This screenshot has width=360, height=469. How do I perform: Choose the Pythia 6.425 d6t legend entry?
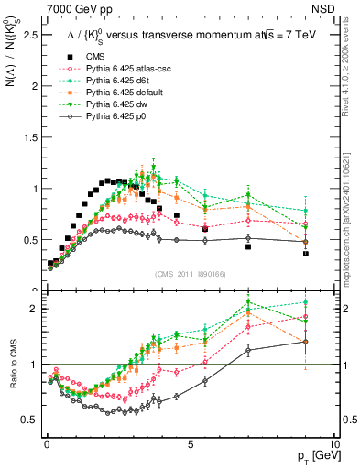point(114,81)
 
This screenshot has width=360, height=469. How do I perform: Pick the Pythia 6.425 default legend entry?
point(119,93)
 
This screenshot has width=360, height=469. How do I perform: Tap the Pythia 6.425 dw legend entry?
point(112,104)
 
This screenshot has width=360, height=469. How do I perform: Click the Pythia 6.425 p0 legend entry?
point(112,116)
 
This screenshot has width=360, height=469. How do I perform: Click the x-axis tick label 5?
point(190,443)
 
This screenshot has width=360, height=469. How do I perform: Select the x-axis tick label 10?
point(333,443)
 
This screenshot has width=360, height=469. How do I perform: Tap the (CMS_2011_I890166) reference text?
point(190,273)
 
